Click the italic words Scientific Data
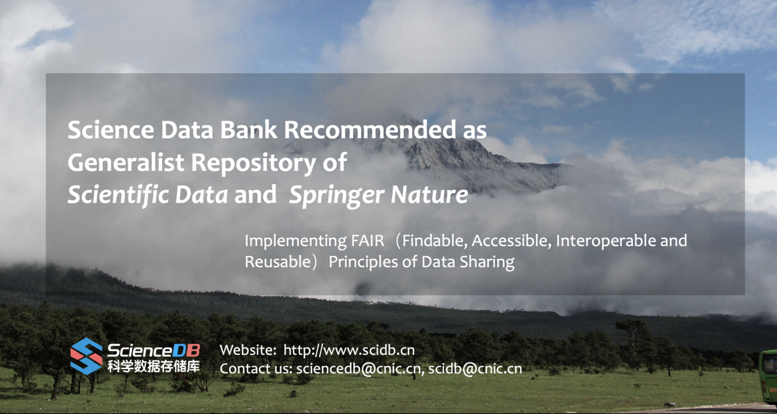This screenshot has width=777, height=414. pyautogui.click(x=148, y=195)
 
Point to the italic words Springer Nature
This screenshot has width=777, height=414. pyautogui.click(x=378, y=195)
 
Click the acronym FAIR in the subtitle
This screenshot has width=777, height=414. pyautogui.click(x=368, y=241)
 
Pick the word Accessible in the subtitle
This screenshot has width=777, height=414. pyautogui.click(x=511, y=241)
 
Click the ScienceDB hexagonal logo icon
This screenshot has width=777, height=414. pyautogui.click(x=86, y=356)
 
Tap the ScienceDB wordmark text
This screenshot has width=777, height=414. pyautogui.click(x=153, y=350)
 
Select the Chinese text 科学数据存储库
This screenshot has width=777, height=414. pyautogui.click(x=153, y=366)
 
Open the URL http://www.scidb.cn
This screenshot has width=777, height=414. pyautogui.click(x=349, y=350)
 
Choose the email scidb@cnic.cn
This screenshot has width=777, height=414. pyautogui.click(x=475, y=369)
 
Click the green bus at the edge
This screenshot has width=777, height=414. pyautogui.click(x=768, y=376)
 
